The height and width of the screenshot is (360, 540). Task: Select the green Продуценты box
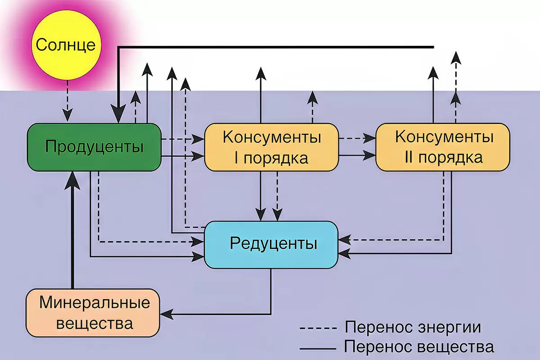tap(94, 147)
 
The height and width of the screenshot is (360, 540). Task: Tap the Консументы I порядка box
tap(271, 148)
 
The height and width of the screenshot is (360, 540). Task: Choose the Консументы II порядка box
tap(443, 147)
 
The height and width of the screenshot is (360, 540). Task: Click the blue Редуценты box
tap(271, 244)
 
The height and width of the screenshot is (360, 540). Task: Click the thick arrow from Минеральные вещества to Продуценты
tap(72, 234)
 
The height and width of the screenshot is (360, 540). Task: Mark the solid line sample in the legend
tap(318, 348)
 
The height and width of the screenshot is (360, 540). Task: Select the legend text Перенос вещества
tap(418, 347)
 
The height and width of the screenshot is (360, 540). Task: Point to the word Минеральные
tap(94, 302)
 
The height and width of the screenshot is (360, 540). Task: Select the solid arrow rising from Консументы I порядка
tap(260, 94)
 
